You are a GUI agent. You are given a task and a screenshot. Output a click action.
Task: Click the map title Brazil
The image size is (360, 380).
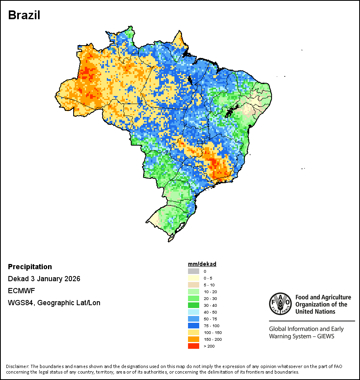click(24, 16)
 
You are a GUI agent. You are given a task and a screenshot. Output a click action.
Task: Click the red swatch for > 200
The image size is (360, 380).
click(194, 346)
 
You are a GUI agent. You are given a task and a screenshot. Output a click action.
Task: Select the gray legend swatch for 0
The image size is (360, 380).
click(194, 271)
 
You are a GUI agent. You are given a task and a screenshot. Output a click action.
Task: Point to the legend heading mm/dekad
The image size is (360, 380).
click(202, 264)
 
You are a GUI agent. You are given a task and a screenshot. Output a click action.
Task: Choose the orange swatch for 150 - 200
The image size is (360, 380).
click(194, 339)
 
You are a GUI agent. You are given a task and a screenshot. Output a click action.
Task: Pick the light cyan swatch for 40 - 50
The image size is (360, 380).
click(194, 312)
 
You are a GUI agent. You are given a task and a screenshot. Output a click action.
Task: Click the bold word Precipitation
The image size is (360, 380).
click(30, 267)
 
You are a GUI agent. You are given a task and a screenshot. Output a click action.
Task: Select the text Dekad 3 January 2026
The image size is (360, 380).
click(44, 279)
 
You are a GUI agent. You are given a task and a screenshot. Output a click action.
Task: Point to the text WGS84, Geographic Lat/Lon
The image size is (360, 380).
click(54, 303)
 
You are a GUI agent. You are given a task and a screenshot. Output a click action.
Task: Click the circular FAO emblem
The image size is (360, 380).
click(280, 304)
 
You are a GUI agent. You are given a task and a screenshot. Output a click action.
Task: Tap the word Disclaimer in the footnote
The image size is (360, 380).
click(17, 366)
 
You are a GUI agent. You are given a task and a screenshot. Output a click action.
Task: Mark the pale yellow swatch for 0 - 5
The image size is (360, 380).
click(194, 278)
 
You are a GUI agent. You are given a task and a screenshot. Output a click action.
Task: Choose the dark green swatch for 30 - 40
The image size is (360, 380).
click(194, 305)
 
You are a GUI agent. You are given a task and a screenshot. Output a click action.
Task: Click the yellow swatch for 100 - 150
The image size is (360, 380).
click(194, 332)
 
